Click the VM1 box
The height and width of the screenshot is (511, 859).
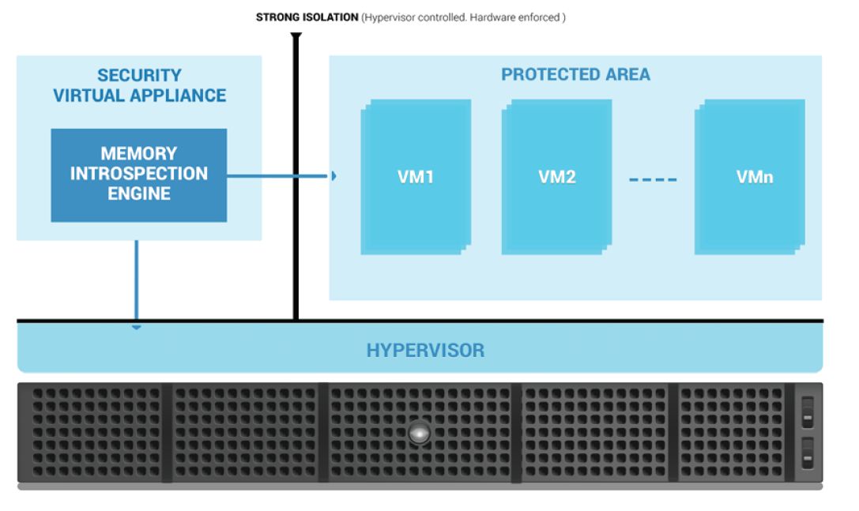coord(416,177)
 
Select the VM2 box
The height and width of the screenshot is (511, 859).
coord(556,177)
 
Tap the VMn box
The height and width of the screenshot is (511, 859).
coord(750,177)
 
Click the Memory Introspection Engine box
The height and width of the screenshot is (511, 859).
coord(138,175)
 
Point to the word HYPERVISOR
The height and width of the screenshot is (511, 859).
coord(426,351)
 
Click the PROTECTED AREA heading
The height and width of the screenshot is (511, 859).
coord(576,74)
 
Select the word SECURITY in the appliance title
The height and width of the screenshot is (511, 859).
coord(139,75)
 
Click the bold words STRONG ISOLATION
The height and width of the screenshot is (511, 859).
coord(307,17)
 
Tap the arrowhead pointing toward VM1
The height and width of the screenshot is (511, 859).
coord(333,176)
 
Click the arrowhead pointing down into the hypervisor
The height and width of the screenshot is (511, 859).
coord(137,328)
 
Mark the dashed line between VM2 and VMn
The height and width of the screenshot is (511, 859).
coord(653,179)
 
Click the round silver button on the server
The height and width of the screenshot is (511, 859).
coord(419,433)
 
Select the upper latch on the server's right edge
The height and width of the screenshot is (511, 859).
coord(808,412)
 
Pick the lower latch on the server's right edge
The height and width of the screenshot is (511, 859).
coord(808,453)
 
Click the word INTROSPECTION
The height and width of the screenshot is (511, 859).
coord(138,174)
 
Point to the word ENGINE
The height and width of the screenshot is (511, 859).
coord(139,194)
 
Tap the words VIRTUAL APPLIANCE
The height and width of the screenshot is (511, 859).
coord(139,96)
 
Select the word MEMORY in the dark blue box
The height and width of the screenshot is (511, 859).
coord(139,153)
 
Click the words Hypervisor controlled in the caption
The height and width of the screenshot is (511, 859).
coord(416,17)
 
